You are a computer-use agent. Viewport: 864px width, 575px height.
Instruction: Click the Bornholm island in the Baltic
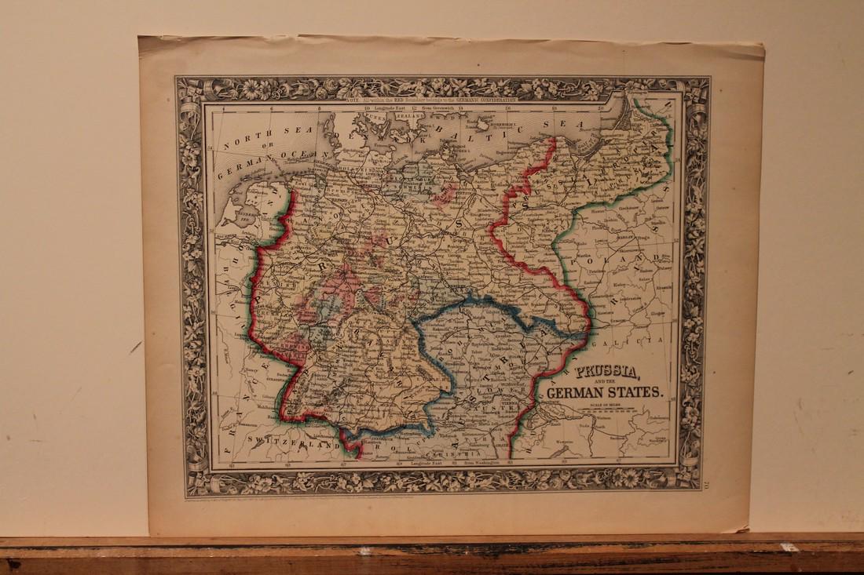[477, 124]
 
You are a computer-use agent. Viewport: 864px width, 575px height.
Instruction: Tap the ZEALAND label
[409, 115]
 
